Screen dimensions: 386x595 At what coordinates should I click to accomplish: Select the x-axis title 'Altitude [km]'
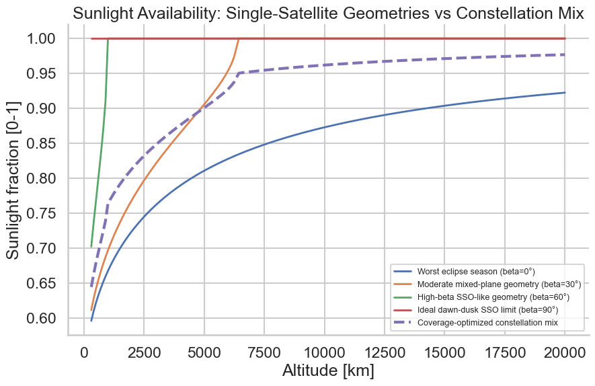pos(328,371)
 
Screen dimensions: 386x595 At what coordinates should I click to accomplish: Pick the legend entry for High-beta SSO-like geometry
pos(493,297)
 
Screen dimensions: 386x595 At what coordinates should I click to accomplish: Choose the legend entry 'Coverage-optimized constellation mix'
pos(487,323)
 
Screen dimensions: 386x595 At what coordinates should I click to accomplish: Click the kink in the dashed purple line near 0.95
pos(239,73)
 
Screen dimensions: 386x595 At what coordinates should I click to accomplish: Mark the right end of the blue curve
pos(565,93)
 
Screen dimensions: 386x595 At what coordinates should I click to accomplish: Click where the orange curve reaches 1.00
pos(239,39)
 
